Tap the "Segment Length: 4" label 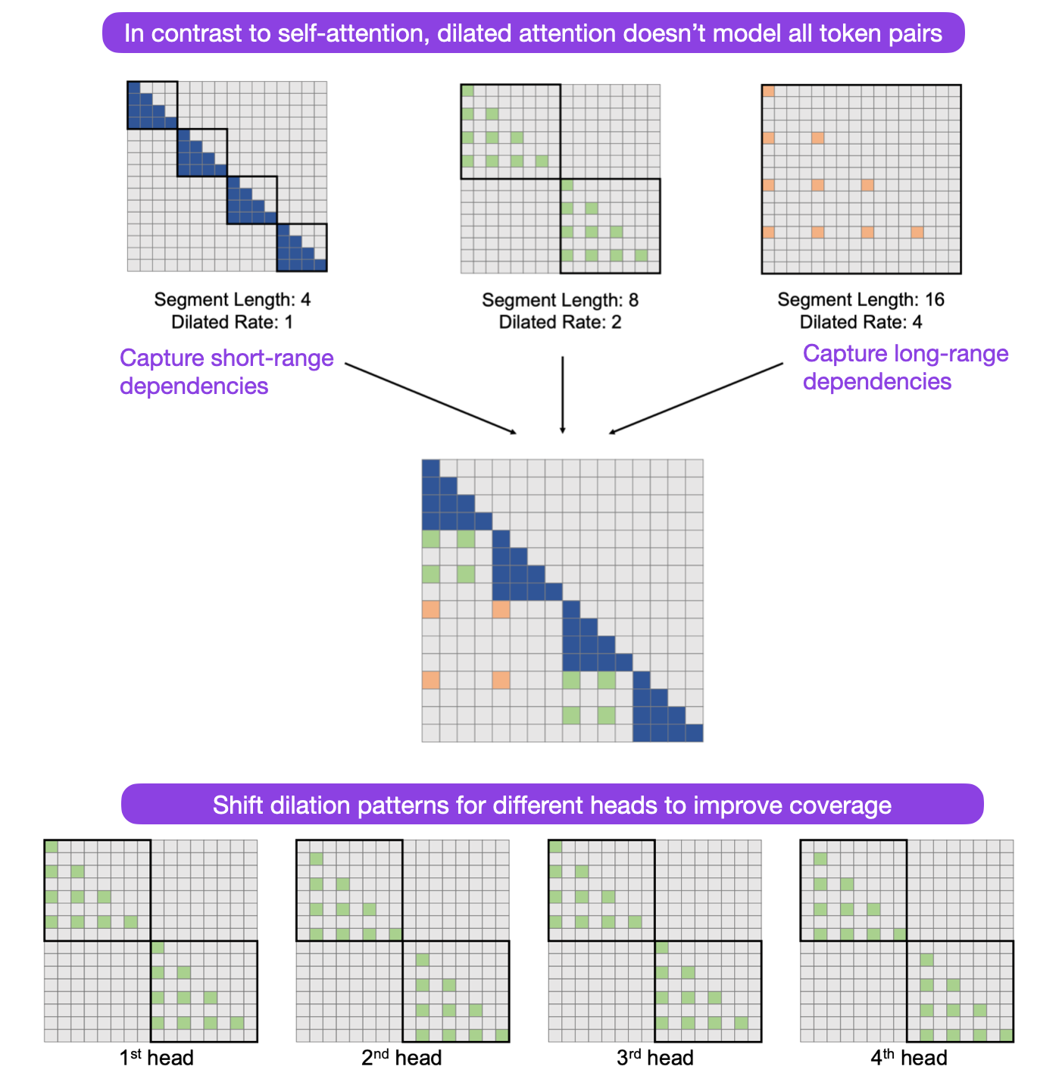233,299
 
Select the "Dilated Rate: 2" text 560,322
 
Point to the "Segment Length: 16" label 861,299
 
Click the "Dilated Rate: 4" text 861,322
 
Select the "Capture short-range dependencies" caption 226,371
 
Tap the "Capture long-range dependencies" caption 905,367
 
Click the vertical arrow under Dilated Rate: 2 562,394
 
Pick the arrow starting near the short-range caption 430,399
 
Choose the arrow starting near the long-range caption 695,399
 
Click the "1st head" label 157,1058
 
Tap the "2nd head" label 401,1058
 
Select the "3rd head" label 655,1058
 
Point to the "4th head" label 908,1058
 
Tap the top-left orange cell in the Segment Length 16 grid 768,91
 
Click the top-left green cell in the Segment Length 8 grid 467,91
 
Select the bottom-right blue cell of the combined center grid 694,733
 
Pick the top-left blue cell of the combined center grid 430,468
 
